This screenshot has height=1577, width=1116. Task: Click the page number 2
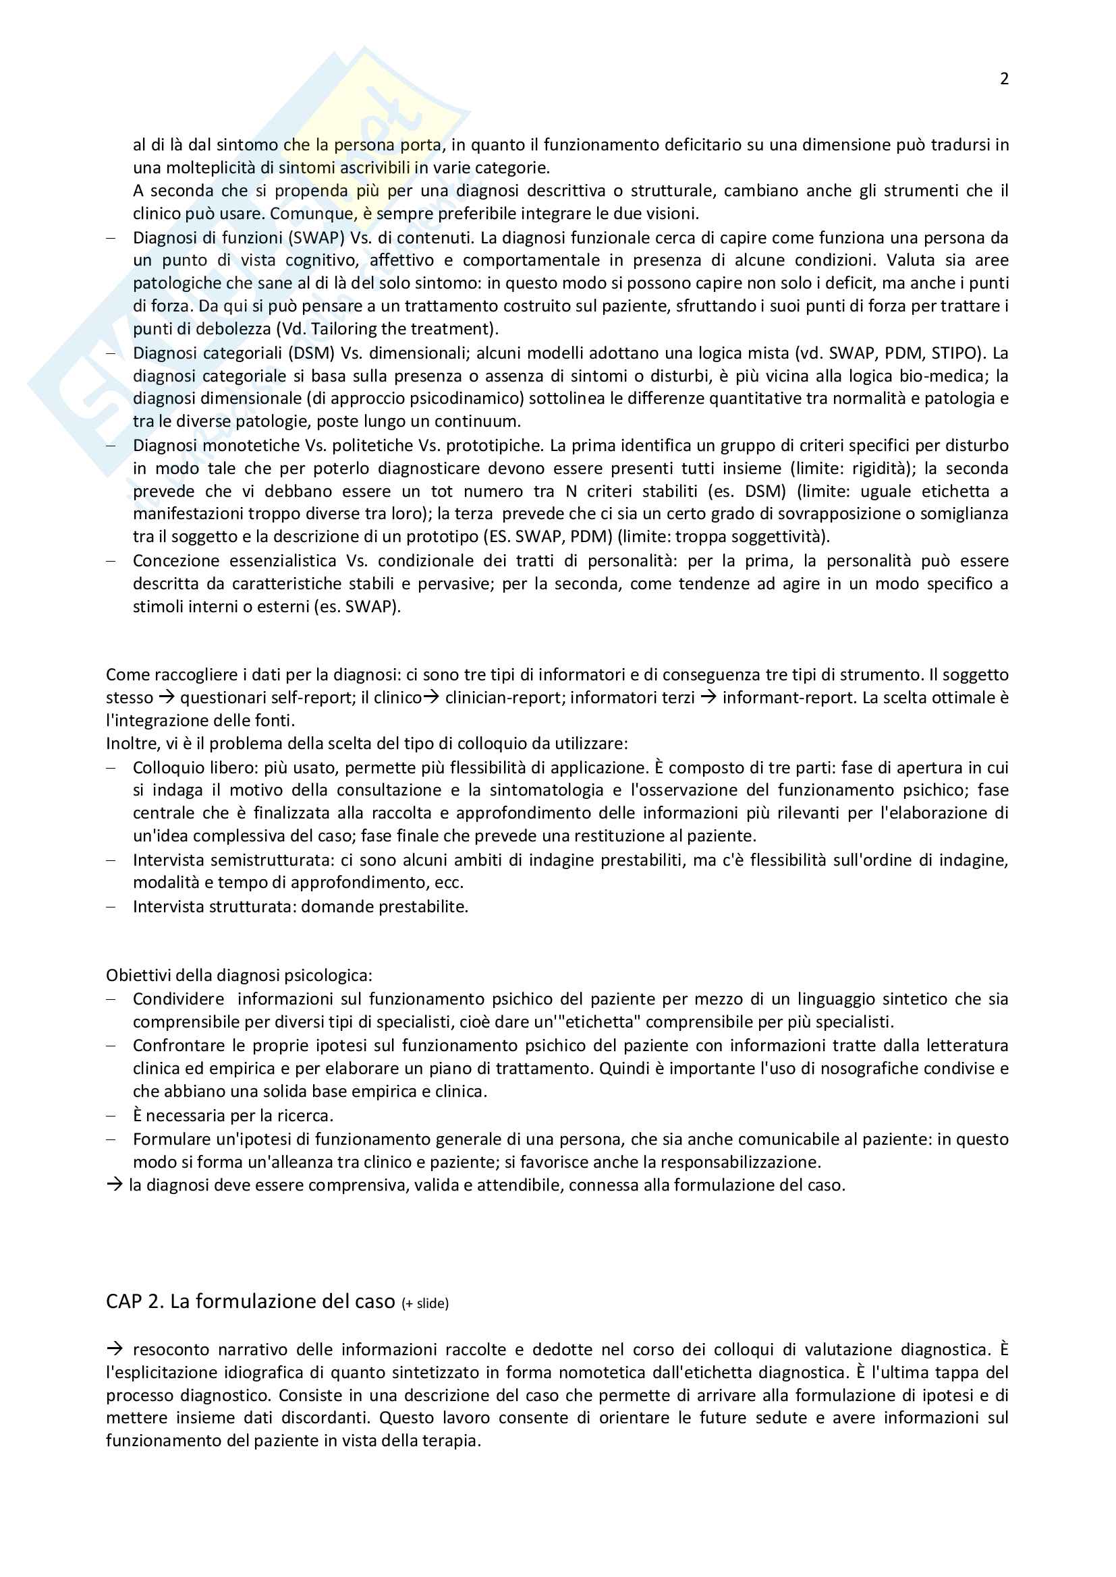tap(1004, 79)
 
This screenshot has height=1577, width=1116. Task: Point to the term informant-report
tap(781, 698)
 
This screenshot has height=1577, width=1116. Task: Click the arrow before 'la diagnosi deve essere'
tap(114, 1185)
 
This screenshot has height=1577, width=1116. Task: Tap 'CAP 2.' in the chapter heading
tap(135, 1301)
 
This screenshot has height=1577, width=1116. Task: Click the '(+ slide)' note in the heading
tap(424, 1304)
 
